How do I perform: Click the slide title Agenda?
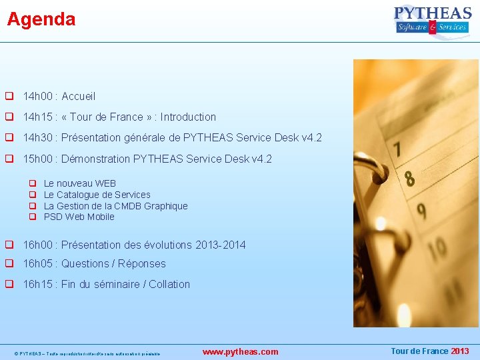[41, 19]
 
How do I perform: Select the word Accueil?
[79, 97]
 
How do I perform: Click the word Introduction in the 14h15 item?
[188, 117]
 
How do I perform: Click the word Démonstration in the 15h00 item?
[96, 159]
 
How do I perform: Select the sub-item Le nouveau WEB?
[79, 183]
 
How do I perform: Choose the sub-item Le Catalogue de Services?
[97, 195]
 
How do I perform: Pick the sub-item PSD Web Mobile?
[79, 217]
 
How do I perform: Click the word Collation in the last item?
[169, 285]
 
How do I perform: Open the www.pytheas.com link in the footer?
[240, 351]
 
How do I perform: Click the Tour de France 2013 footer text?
[429, 351]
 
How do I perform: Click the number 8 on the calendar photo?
[409, 179]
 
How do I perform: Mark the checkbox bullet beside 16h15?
[10, 284]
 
